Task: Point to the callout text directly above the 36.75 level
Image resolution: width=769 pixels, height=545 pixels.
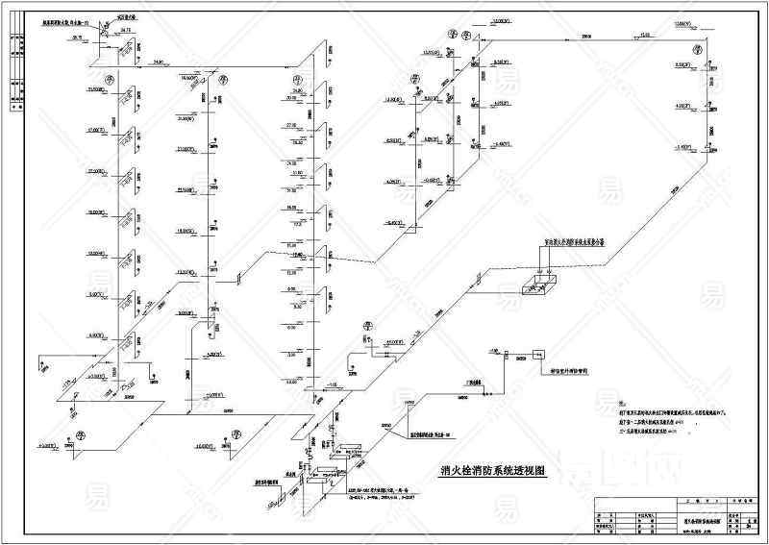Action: tap(66, 20)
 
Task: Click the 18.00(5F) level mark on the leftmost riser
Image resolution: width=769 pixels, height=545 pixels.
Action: tap(97, 211)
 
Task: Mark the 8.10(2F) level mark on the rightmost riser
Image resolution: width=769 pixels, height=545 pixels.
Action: tap(682, 64)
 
